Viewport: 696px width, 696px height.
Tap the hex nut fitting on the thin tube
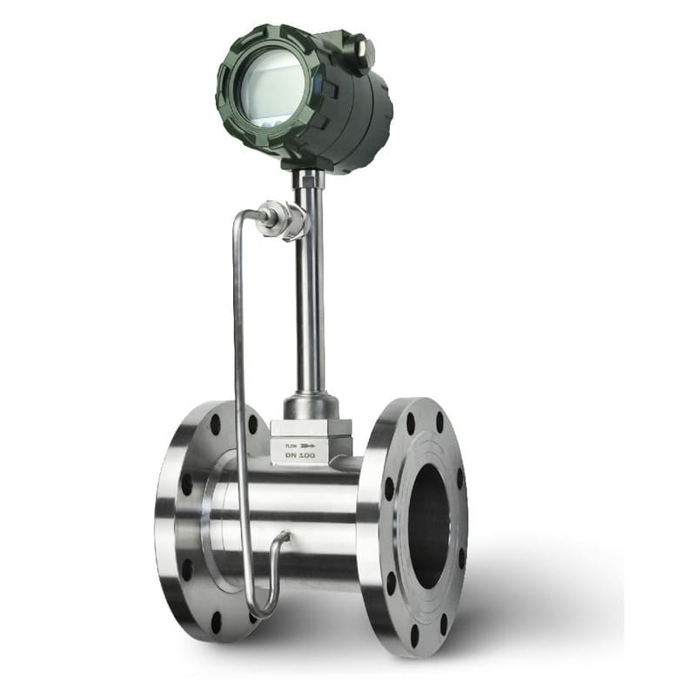click(283, 218)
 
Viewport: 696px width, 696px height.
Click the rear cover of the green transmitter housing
click(370, 113)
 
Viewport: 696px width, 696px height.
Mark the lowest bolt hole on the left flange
click(217, 623)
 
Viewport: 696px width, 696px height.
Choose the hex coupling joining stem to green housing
click(308, 178)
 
